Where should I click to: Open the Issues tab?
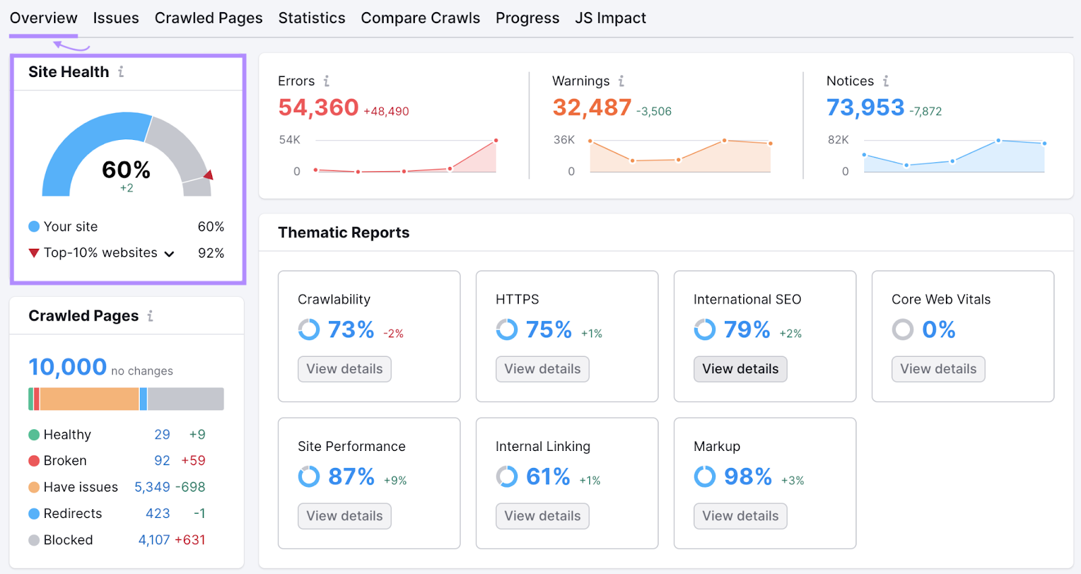point(116,18)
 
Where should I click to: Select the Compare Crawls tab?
point(420,18)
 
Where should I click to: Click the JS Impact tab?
point(610,18)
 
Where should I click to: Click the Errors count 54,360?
point(318,107)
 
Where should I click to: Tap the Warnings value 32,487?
point(592,107)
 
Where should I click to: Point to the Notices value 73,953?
point(865,107)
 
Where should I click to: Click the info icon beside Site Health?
point(121,72)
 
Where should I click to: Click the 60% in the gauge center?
point(126,170)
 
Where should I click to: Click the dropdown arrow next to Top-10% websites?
point(170,254)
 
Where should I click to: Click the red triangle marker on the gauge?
point(209,175)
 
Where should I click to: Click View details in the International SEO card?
point(740,369)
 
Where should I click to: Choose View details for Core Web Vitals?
point(938,369)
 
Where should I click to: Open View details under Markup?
point(740,516)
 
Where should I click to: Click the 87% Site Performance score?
point(351,477)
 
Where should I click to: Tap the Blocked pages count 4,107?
point(154,540)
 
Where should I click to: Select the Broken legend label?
point(65,461)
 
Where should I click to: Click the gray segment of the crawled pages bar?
point(186,399)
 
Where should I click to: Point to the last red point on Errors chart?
point(496,141)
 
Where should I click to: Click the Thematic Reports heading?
point(343,233)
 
